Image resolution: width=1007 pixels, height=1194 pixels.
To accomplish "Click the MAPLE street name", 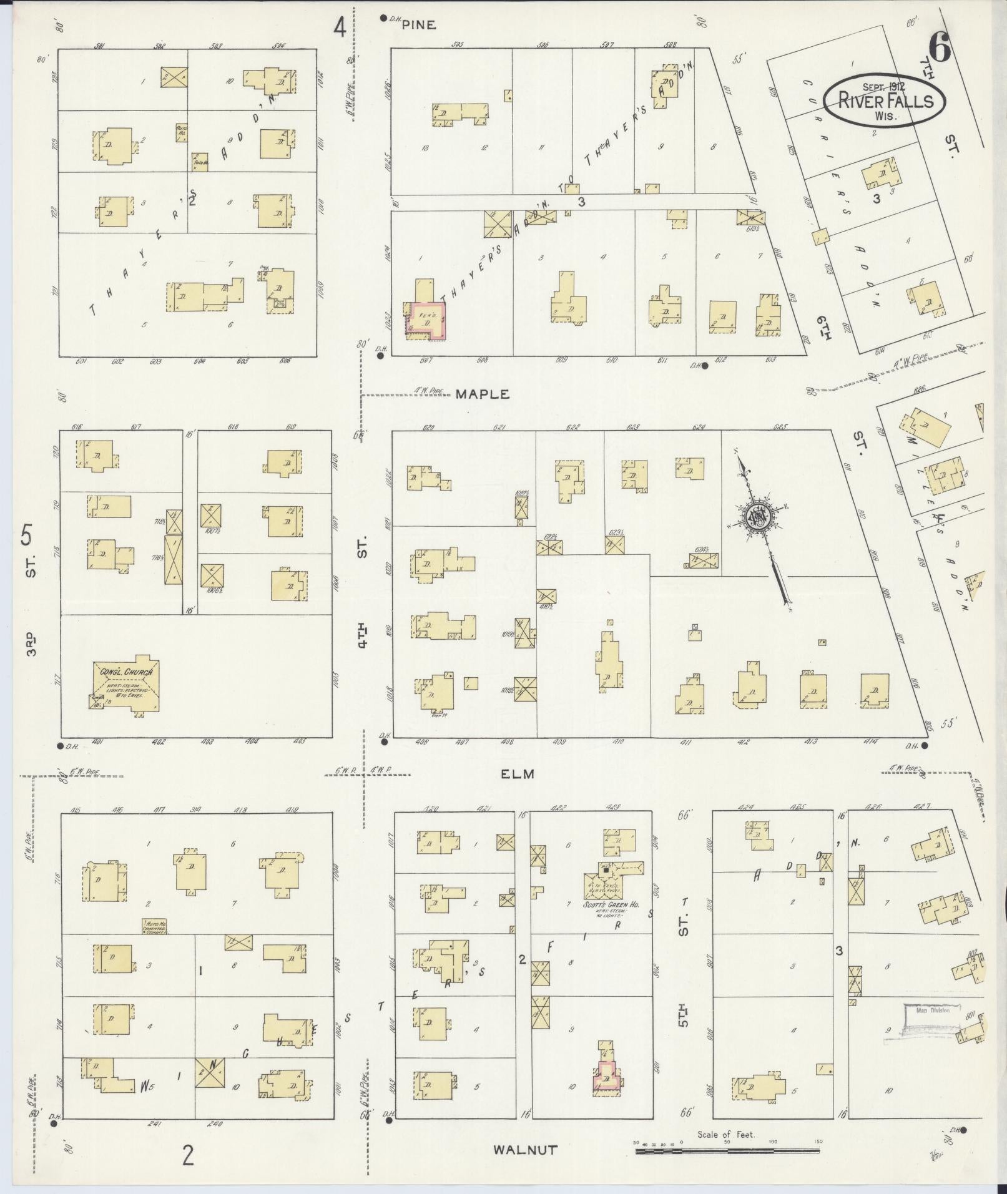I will click(x=482, y=394).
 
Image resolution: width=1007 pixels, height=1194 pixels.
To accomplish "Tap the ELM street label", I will click(x=518, y=774).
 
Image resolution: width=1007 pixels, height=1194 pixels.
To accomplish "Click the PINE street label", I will click(x=418, y=25).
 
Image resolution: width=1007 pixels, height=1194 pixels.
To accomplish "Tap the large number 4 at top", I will click(x=340, y=27).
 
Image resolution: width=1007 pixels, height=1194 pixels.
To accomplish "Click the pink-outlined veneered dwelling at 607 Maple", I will click(x=427, y=320).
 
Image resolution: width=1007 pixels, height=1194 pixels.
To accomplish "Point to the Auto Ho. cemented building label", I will click(x=154, y=926).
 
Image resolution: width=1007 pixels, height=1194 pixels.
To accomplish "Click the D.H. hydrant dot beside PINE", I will click(x=383, y=19).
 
